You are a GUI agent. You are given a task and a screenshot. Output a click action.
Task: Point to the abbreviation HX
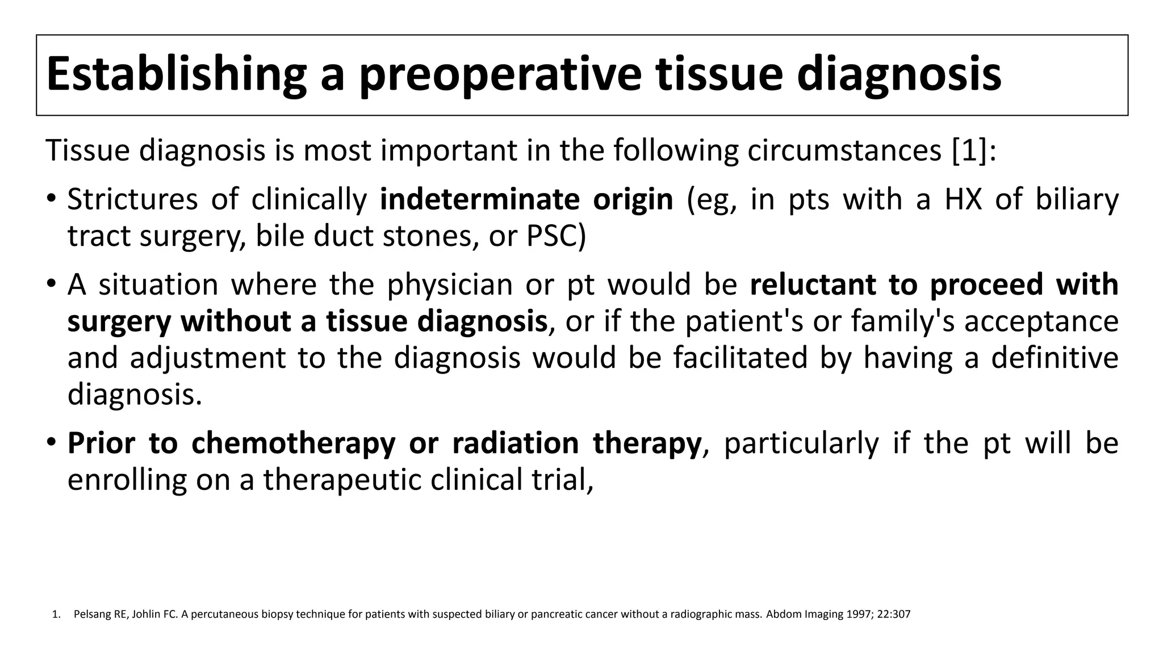pyautogui.click(x=963, y=200)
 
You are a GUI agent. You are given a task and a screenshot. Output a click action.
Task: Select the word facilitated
pyautogui.click(x=741, y=358)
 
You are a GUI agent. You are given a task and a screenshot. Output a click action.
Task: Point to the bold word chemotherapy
pyautogui.click(x=293, y=443)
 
